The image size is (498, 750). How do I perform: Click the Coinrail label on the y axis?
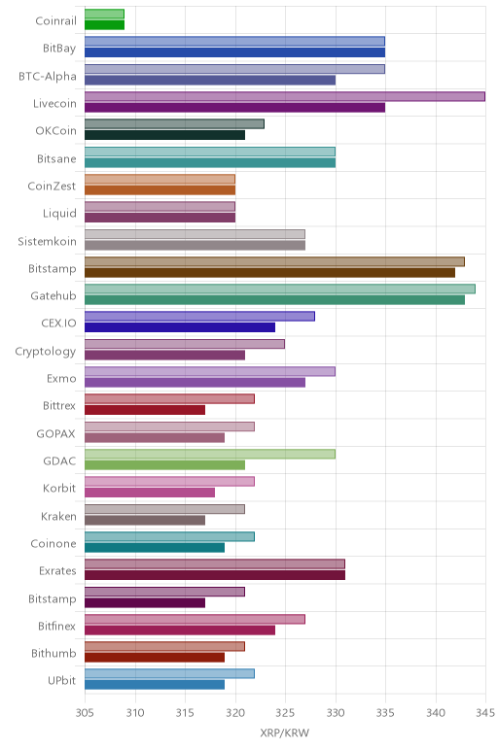(55, 21)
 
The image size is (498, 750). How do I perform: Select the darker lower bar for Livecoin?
(234, 108)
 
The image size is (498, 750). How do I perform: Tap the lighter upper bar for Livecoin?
(285, 96)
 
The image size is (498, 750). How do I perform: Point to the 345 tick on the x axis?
(485, 713)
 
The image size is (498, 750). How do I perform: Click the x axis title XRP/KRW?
(285, 733)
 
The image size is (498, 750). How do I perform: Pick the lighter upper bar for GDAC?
(210, 454)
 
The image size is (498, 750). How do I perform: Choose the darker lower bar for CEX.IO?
(180, 327)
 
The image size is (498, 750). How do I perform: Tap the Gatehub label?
(53, 296)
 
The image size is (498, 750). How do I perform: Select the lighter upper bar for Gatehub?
(280, 289)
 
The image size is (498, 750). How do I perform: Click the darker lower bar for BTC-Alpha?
(210, 80)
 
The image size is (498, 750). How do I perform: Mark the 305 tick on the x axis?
(85, 713)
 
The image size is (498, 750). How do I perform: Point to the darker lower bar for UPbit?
(155, 685)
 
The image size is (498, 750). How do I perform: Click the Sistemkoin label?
(47, 241)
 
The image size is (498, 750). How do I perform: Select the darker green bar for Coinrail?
(104, 25)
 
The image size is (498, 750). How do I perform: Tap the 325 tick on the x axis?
(285, 713)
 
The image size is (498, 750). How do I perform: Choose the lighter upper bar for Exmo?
(210, 371)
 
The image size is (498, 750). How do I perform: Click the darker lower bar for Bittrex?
(145, 410)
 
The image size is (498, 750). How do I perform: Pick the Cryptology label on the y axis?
(46, 352)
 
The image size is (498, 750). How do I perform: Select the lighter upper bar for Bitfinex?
(195, 619)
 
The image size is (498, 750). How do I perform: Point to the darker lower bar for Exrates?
(215, 575)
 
